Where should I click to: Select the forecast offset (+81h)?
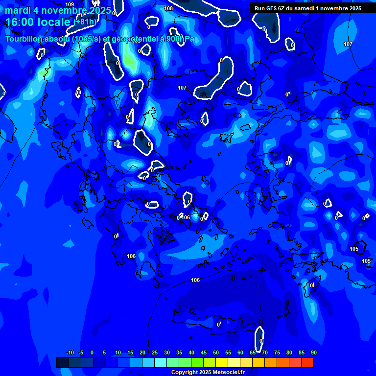[x=85, y=22]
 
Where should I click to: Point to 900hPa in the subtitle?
[x=181, y=39]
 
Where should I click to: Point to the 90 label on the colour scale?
[x=313, y=352]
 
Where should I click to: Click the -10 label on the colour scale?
[x=70, y=352]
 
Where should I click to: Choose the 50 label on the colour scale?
[x=215, y=352]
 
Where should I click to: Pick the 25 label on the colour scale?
[x=155, y=352]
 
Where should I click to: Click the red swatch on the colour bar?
[x=307, y=362]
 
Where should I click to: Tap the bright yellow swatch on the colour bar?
[x=222, y=362]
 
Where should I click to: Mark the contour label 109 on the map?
[x=70, y=4]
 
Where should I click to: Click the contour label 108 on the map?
[x=168, y=8]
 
